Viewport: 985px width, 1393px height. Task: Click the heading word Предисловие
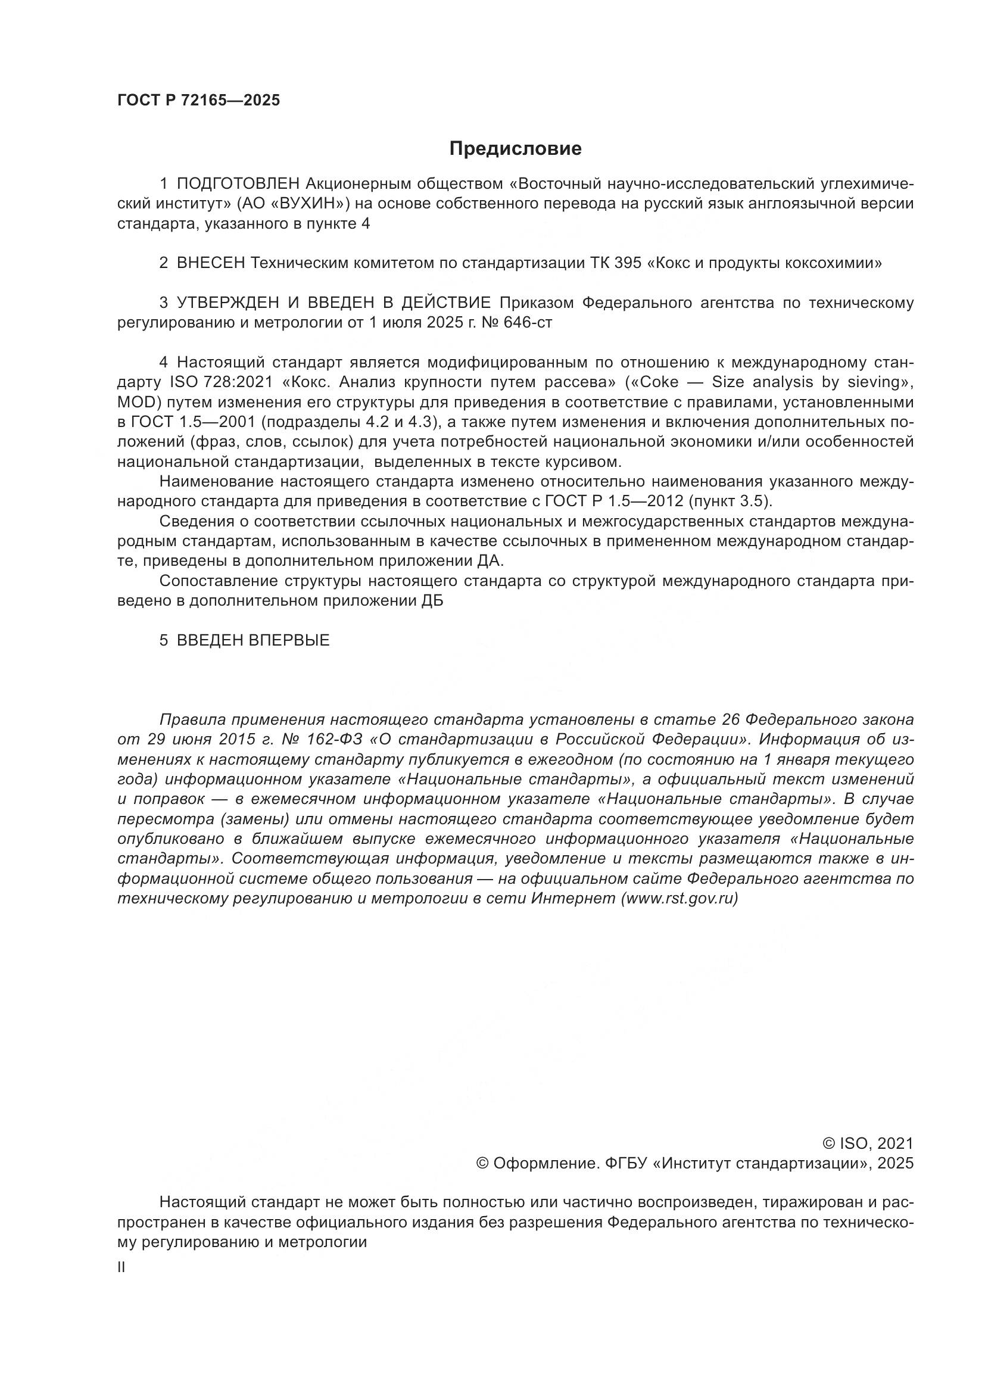point(515,149)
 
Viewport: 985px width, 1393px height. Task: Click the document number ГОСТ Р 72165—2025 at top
point(198,100)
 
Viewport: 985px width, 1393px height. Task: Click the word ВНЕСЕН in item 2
point(210,263)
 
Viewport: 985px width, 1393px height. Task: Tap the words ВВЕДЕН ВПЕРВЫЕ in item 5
point(253,640)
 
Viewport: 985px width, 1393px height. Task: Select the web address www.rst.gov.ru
point(679,899)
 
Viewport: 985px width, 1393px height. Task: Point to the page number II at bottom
point(121,1268)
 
